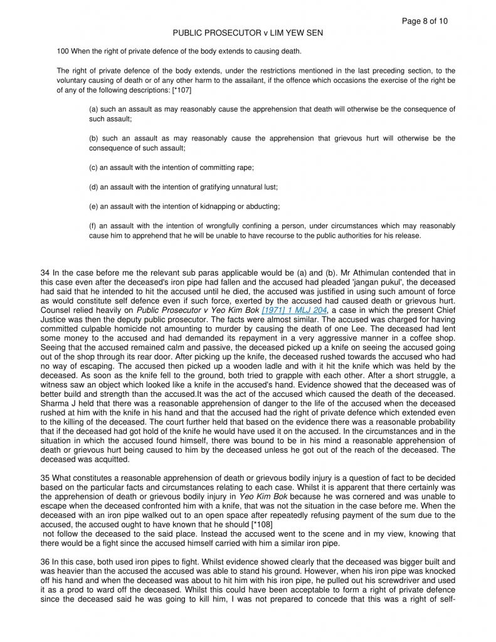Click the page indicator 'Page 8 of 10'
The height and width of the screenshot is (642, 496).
click(x=425, y=21)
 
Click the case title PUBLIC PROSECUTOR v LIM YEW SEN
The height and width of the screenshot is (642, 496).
click(x=248, y=33)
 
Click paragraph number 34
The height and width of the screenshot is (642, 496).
click(x=45, y=273)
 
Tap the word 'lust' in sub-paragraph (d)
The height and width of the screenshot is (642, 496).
click(x=268, y=187)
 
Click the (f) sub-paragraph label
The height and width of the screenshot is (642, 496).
click(x=93, y=226)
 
